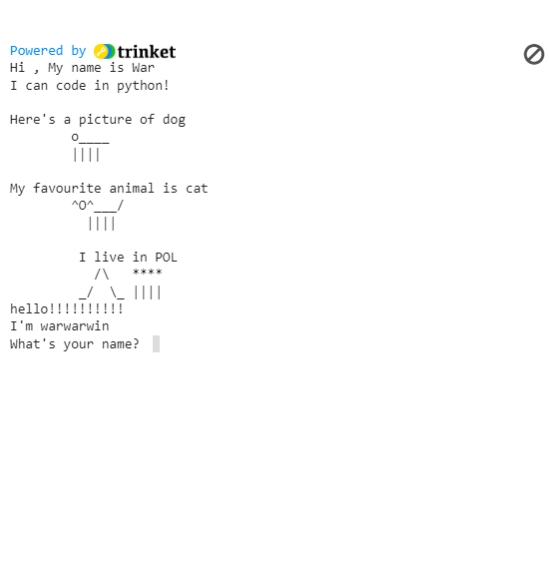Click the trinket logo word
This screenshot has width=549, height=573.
[x=147, y=52]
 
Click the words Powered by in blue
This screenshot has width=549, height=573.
[x=48, y=51]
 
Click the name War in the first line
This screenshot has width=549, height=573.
[x=144, y=68]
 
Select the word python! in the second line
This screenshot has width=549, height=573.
[x=143, y=86]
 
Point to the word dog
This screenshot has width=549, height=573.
[x=174, y=120]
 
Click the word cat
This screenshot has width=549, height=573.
[x=197, y=189]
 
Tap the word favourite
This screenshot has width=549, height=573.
[x=67, y=189]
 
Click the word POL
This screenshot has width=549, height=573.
[x=166, y=258]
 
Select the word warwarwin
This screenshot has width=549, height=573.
[x=75, y=326]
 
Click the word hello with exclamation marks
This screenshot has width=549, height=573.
[x=67, y=308]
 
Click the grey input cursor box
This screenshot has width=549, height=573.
[x=156, y=343]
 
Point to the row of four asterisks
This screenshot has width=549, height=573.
[x=148, y=273]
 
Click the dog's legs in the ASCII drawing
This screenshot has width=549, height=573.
[x=86, y=155]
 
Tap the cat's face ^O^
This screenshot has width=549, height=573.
[x=83, y=205]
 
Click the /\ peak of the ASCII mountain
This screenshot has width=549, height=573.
[x=102, y=275]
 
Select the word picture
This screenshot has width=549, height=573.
[x=105, y=120]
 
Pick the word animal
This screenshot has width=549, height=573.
[x=132, y=189]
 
